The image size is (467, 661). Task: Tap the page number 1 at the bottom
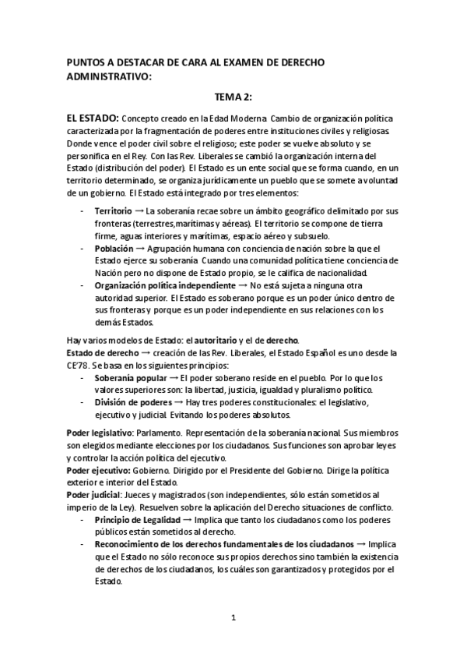[233, 619]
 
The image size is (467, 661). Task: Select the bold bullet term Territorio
[114, 211]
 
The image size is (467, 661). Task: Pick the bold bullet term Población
[114, 248]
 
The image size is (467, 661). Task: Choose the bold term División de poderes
[130, 402]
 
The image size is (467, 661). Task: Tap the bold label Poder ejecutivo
[97, 470]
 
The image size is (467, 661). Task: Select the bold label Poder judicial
[93, 495]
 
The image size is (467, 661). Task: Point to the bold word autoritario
[211, 341]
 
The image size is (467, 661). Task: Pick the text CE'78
[79, 366]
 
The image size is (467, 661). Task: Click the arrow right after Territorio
[139, 211]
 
